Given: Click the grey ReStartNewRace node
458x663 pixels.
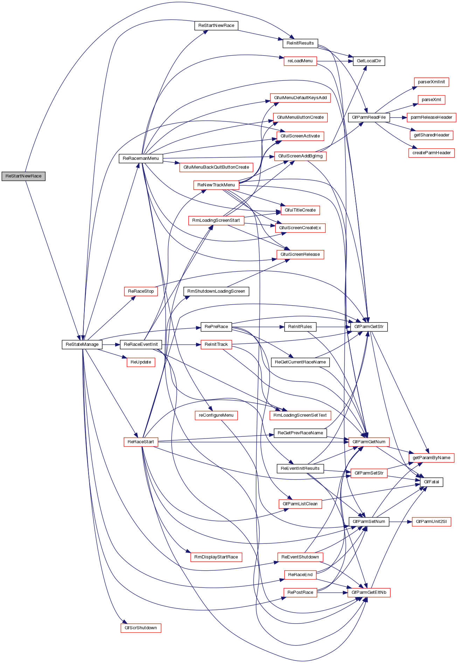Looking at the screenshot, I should click(x=23, y=176).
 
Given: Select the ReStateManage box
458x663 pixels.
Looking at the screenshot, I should click(x=82, y=344).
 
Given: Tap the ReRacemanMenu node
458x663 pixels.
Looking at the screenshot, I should click(x=141, y=158).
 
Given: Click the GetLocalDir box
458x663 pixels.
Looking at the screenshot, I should click(x=369, y=61).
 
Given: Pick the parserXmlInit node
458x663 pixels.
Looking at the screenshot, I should click(x=431, y=82).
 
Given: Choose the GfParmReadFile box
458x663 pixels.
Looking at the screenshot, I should click(x=369, y=117).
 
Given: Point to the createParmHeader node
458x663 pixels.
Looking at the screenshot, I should click(x=431, y=153).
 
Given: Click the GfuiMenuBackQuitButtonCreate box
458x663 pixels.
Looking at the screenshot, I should click(x=216, y=167).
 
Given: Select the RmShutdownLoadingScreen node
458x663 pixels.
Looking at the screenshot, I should click(x=216, y=291).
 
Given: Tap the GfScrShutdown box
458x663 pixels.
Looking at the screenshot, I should click(x=141, y=628).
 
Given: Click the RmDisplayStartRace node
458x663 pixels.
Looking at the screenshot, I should click(x=216, y=557).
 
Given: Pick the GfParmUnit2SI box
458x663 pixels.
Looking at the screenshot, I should click(x=431, y=521).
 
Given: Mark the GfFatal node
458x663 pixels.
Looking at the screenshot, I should click(x=431, y=482).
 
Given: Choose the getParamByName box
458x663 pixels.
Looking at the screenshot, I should click(x=431, y=457).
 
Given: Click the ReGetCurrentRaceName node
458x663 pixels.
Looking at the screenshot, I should click(x=300, y=362).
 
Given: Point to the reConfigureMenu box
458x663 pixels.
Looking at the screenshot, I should click(x=216, y=415).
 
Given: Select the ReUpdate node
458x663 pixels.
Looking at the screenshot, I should click(x=141, y=362).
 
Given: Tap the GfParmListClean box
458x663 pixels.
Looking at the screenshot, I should click(x=300, y=504).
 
